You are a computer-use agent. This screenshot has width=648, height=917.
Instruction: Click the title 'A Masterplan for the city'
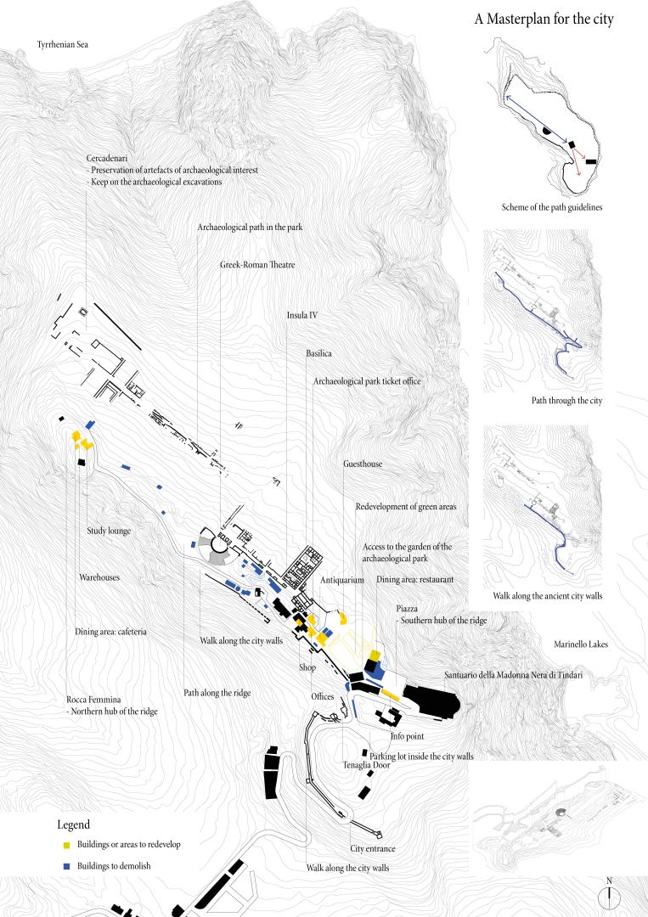pyautogui.click(x=544, y=20)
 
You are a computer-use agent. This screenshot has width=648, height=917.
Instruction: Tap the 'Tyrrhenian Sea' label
pyautogui.click(x=63, y=44)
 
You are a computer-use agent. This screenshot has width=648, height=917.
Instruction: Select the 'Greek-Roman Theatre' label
pyautogui.click(x=257, y=265)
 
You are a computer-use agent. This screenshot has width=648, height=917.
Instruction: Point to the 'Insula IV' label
pyautogui.click(x=301, y=315)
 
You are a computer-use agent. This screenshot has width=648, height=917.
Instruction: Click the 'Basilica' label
pyautogui.click(x=318, y=353)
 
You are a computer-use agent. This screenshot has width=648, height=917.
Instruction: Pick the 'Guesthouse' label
pyautogui.click(x=363, y=464)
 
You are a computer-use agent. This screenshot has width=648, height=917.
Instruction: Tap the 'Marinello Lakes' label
pyautogui.click(x=581, y=644)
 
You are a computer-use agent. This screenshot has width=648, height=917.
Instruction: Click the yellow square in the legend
pyautogui.click(x=66, y=845)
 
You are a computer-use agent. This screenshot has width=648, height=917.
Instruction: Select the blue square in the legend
pyautogui.click(x=66, y=866)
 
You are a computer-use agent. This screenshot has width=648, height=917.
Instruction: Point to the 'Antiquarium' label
pyautogui.click(x=342, y=580)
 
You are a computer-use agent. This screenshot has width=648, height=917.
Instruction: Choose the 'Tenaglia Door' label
pyautogui.click(x=366, y=765)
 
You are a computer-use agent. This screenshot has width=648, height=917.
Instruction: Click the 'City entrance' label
pyautogui.click(x=373, y=848)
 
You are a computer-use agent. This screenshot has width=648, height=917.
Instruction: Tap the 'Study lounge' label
pyautogui.click(x=109, y=531)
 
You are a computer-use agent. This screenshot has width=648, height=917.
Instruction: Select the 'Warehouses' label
pyautogui.click(x=99, y=577)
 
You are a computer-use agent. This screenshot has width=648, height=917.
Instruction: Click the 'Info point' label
pyautogui.click(x=408, y=736)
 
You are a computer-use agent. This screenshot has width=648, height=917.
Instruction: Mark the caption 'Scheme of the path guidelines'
pyautogui.click(x=551, y=207)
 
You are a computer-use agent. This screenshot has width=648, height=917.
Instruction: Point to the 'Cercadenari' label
pyautogui.click(x=107, y=159)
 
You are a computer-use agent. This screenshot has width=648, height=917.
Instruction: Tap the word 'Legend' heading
pyautogui.click(x=74, y=824)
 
